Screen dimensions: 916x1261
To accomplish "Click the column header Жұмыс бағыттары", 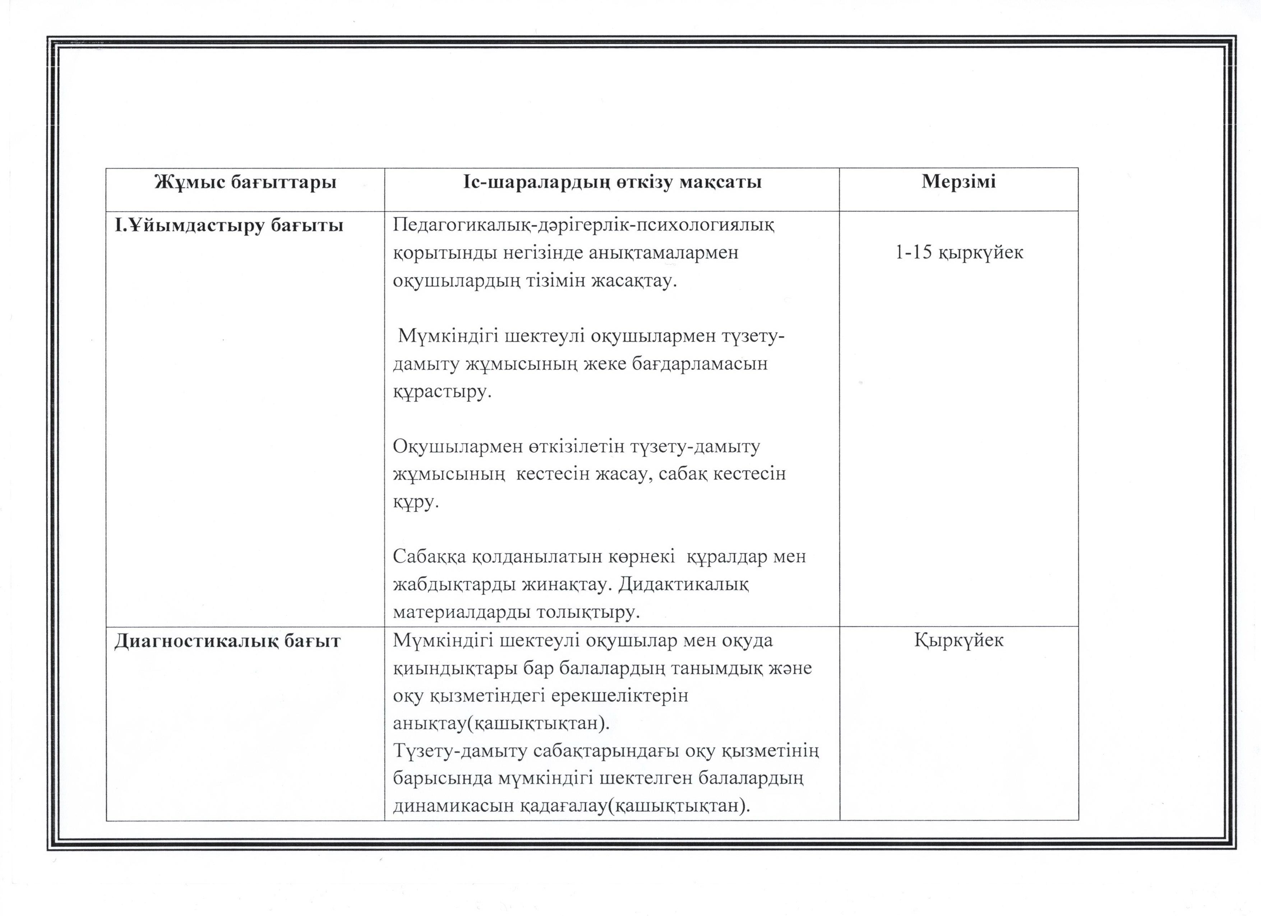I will [245, 182].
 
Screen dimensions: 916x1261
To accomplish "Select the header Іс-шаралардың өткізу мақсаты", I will [612, 182].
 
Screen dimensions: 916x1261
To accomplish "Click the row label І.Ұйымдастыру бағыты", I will [228, 226].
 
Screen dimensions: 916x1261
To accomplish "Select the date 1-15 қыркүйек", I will [959, 253].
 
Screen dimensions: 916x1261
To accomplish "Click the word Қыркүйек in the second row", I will [959, 640].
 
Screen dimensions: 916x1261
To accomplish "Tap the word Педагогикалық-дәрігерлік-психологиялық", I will [583, 226].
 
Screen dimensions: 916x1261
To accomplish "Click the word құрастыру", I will [443, 392].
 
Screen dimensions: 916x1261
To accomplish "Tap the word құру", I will [416, 503].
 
